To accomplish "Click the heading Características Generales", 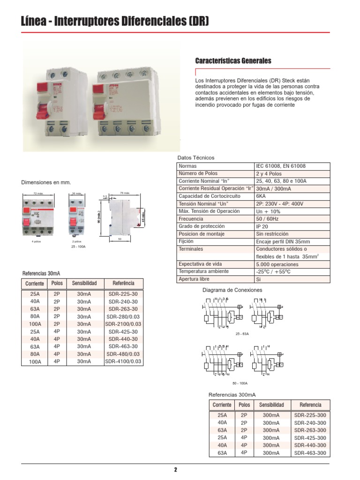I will point(233,61).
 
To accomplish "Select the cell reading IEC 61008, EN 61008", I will point(280,166).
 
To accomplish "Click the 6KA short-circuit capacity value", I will point(261,196).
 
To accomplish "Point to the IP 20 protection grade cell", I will point(263,226).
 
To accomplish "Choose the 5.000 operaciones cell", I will point(277,264).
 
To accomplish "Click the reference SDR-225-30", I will point(123,294).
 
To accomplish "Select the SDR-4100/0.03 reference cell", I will point(123,361).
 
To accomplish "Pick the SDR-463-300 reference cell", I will point(310,453).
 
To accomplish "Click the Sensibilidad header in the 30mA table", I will point(84,284).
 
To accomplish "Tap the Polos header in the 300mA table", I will point(244,405).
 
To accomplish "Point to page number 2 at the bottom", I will point(175,470).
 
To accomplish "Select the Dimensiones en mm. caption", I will point(46,182).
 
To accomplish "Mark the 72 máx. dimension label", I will point(38,193).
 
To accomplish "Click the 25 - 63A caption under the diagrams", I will point(242,334).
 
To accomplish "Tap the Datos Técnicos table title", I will point(195,157).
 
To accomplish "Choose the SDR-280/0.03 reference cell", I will point(123,316).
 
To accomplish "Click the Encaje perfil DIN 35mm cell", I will point(283,241).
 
